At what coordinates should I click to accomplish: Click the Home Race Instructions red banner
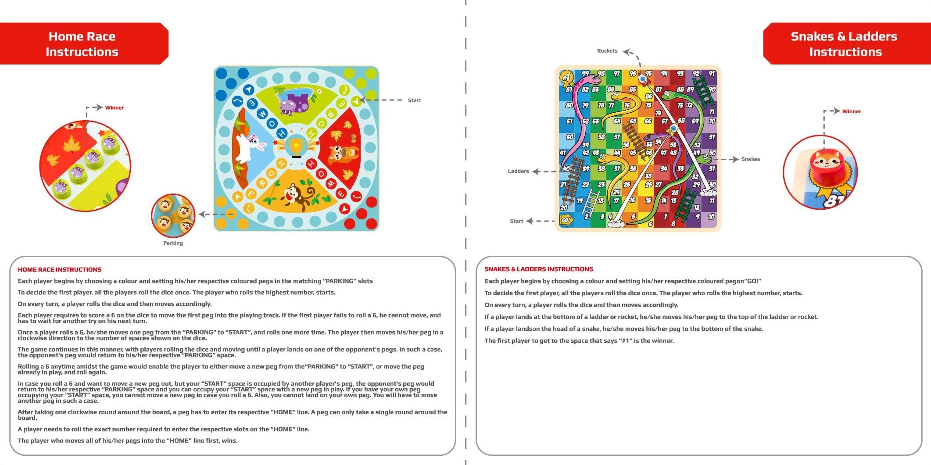[x=82, y=44]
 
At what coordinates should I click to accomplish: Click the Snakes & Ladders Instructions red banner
[x=845, y=44]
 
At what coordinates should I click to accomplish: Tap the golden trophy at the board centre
[x=296, y=147]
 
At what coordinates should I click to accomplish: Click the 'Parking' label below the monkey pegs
[x=173, y=243]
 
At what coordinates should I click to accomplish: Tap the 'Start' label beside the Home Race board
[x=414, y=100]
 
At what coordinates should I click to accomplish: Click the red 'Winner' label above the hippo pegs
[x=114, y=107]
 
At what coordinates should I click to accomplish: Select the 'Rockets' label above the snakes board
[x=607, y=51]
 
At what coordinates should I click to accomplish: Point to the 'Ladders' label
[x=518, y=171]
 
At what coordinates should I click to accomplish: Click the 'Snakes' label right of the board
[x=750, y=159]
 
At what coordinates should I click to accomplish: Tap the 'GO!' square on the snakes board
[x=566, y=220]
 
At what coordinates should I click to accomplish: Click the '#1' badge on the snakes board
[x=566, y=78]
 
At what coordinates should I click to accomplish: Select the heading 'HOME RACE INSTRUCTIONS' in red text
[x=59, y=270]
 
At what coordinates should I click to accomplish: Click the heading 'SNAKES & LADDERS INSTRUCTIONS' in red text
[x=538, y=269]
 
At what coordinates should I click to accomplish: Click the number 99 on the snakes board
[x=585, y=73]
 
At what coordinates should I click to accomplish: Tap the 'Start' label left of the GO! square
[x=516, y=221]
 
